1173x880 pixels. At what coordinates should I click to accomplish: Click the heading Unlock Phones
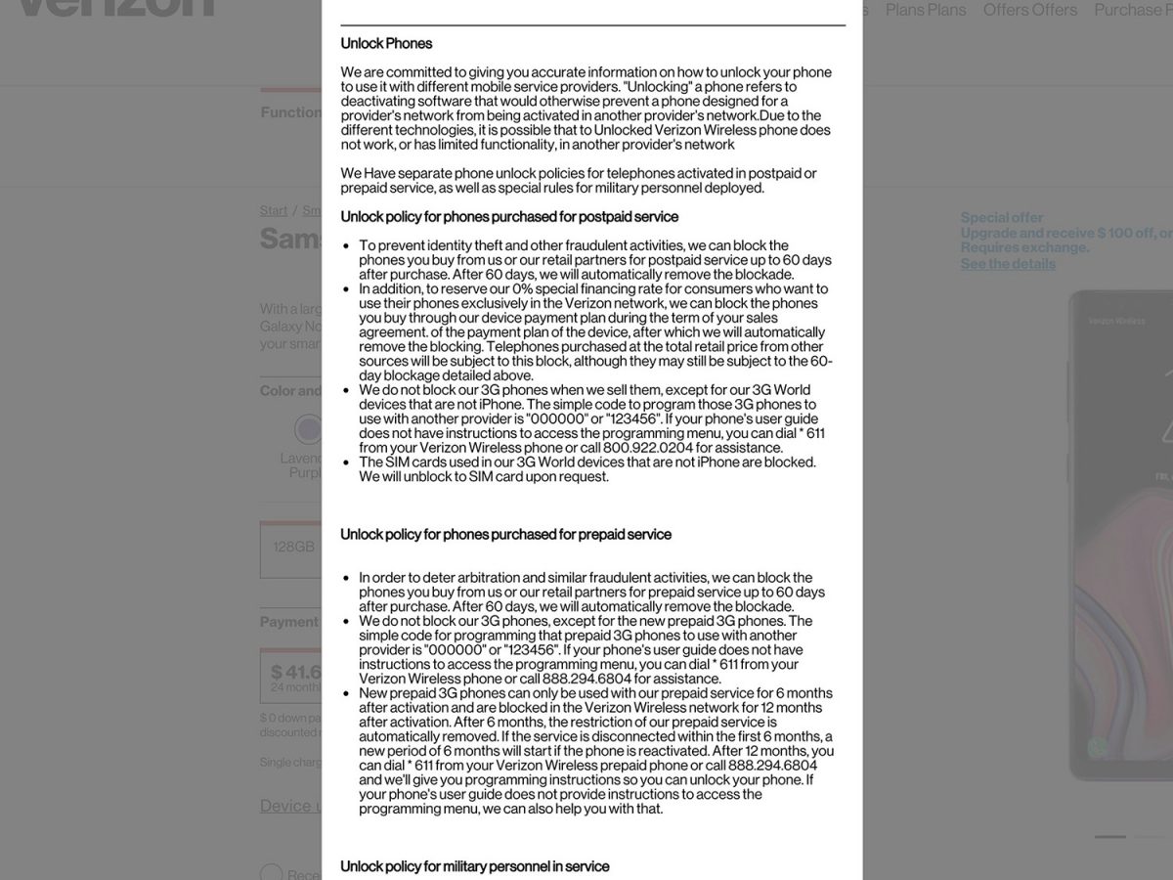point(386,43)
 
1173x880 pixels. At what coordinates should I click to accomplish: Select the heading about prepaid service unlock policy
point(505,534)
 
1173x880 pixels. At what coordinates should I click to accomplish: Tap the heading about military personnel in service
point(474,866)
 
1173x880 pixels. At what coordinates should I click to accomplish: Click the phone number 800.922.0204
point(649,448)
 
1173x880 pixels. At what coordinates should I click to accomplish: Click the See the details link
point(1008,264)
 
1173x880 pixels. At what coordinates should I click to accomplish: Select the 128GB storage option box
point(292,548)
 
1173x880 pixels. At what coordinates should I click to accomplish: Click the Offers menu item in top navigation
point(1030,10)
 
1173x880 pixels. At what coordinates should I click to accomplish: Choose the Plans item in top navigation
point(925,10)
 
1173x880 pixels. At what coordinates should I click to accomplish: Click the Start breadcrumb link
point(274,210)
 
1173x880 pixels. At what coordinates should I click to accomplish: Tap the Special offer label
point(1002,217)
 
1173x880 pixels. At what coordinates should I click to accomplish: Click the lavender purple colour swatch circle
point(309,428)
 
